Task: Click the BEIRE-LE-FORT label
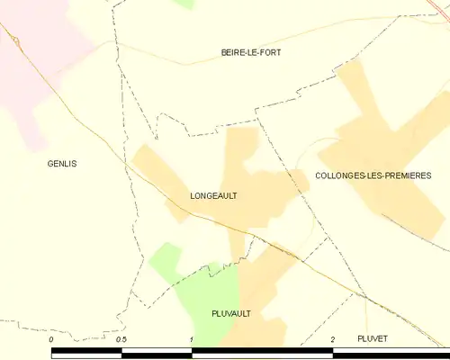click(x=251, y=53)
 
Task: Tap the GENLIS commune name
click(x=62, y=164)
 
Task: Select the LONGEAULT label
click(x=213, y=194)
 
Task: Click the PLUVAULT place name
click(x=230, y=313)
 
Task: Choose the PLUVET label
click(x=371, y=337)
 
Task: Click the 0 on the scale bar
click(x=52, y=338)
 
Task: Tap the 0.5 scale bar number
click(x=121, y=338)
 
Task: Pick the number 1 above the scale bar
click(x=192, y=338)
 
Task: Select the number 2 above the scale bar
click(x=333, y=338)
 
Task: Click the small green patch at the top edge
click(x=184, y=4)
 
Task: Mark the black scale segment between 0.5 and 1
click(x=157, y=353)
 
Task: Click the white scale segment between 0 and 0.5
click(x=86, y=353)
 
